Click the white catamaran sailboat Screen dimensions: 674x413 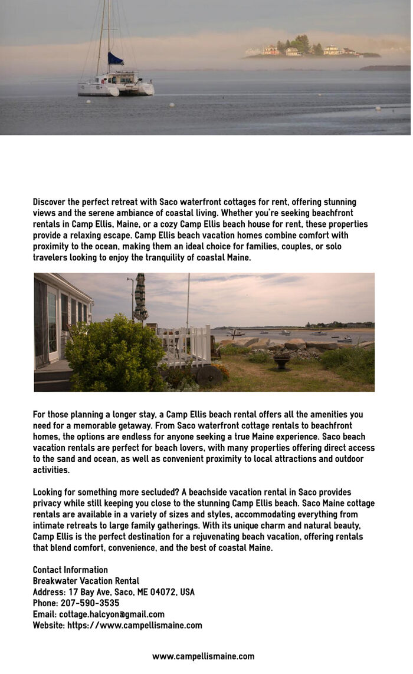[x=116, y=84]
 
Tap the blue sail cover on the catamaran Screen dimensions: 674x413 [x=115, y=59]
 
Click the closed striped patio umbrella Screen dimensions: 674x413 [x=140, y=298]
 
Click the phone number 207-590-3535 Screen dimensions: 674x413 [x=90, y=603]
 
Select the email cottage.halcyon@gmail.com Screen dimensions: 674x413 [x=112, y=614]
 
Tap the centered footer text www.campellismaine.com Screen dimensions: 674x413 [x=203, y=656]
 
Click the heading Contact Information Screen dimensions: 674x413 [x=70, y=570]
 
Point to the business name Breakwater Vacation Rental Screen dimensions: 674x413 [x=86, y=581]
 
